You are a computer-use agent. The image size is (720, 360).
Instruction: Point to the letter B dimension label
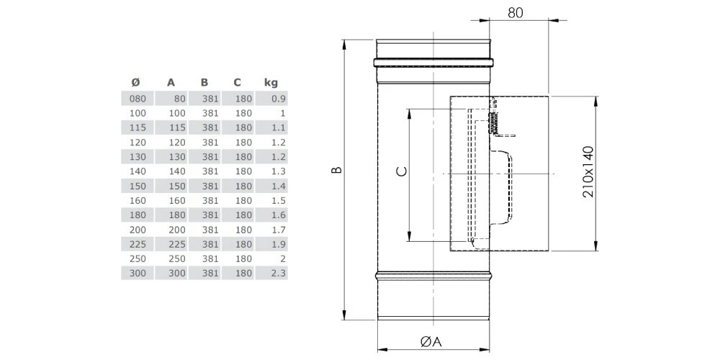pos(336,171)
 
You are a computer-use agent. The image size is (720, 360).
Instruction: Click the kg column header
pos(271,82)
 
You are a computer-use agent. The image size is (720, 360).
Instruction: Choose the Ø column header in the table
pos(137,82)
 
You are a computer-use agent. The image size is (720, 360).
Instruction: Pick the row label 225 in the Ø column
pos(137,244)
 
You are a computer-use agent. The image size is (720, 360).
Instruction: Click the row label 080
pos(137,99)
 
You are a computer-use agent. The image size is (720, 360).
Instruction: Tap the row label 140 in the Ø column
pos(137,171)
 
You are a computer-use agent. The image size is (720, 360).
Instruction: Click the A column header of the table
pos(171,82)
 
